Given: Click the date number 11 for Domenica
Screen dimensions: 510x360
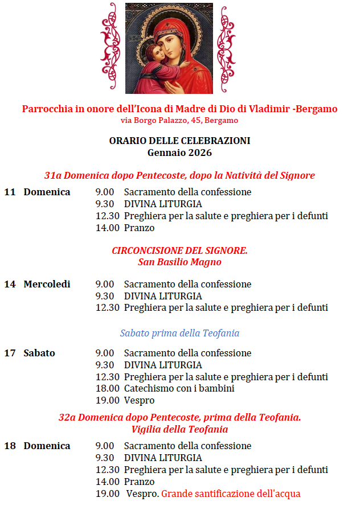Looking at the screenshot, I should click(10, 192).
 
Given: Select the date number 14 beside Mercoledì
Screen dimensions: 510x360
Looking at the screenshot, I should click(10, 284).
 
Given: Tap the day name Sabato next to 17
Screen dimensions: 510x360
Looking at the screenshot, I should click(39, 353).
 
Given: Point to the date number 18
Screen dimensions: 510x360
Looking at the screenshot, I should click(10, 446).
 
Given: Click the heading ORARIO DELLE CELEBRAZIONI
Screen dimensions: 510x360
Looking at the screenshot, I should click(179, 141).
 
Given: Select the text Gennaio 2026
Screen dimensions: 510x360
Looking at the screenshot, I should click(179, 153).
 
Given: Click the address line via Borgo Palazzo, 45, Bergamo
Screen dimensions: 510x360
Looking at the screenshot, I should click(179, 121).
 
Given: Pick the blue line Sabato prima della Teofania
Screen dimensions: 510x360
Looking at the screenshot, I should click(179, 333).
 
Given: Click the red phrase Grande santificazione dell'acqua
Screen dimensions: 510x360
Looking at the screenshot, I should click(231, 493).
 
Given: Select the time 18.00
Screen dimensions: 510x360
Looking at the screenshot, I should click(107, 388).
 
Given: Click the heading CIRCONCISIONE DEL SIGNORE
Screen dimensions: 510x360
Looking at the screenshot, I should click(179, 250).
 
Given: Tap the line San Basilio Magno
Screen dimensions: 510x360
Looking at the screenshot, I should click(179, 262).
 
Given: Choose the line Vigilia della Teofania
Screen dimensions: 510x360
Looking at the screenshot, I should click(179, 429).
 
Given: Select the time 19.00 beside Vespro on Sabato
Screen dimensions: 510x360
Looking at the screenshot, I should click(107, 400).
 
